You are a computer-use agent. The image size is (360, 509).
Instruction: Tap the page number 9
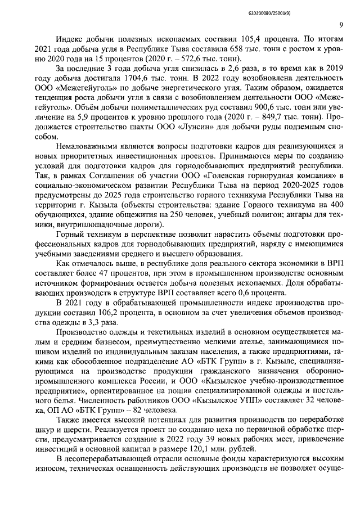341,24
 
